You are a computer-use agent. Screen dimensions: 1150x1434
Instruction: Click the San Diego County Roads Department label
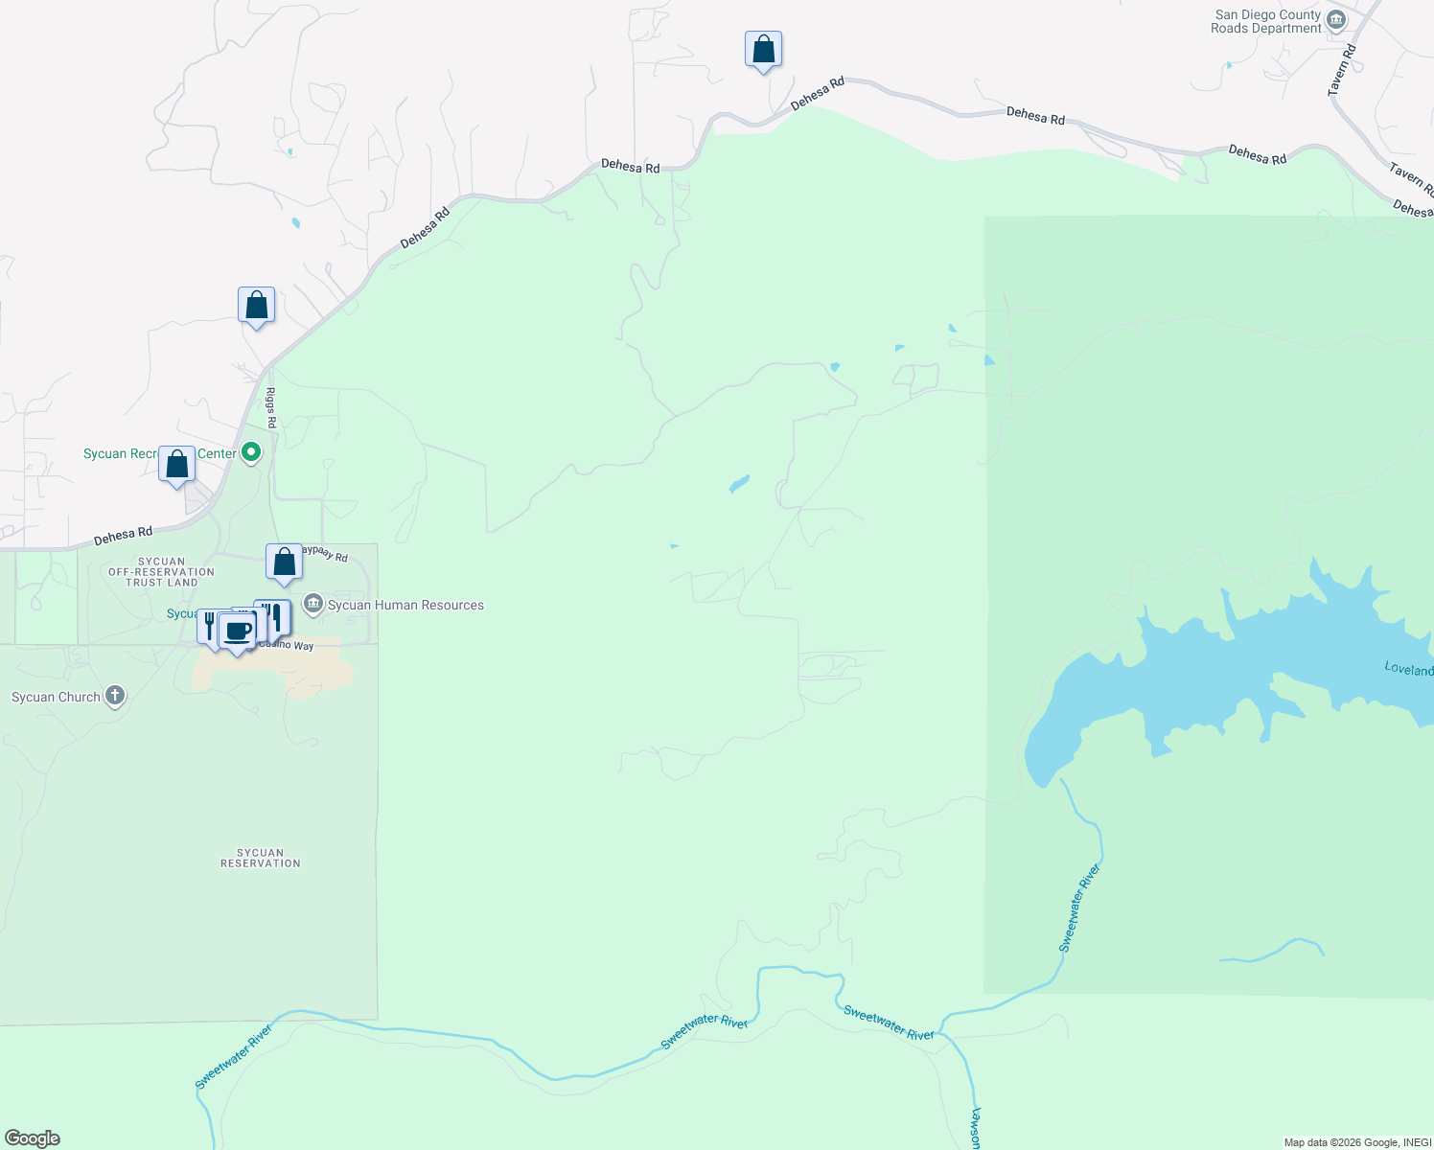coord(1265,22)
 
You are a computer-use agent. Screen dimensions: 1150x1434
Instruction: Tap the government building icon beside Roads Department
coord(1336,20)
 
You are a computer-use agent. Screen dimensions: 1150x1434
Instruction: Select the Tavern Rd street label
coord(1341,70)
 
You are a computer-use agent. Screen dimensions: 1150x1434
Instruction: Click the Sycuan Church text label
coord(56,698)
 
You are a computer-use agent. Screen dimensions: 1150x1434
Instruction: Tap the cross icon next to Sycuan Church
coord(115,696)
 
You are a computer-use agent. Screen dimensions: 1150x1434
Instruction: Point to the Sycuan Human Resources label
coord(405,606)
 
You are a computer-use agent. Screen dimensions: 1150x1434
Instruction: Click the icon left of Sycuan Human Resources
coord(312,604)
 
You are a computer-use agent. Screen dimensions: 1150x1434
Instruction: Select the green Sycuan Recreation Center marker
coord(251,451)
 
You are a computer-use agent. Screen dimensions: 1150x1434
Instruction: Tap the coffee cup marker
coord(238,632)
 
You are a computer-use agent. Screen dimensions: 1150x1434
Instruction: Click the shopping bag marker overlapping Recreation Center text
coord(177,466)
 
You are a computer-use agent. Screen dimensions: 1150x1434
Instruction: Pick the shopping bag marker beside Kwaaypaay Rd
coord(285,563)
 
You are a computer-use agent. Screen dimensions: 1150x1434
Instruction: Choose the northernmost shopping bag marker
coord(763,49)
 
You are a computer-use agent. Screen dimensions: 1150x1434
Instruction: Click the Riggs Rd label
coord(271,407)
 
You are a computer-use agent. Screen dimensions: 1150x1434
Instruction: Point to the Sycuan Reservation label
coord(260,858)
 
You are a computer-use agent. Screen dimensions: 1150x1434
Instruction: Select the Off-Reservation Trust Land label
coord(161,572)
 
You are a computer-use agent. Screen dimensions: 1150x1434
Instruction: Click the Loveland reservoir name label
coord(1408,669)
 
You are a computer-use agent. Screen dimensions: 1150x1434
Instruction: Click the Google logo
coord(33,1138)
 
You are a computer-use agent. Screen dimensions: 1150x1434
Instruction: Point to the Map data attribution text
coord(1357,1142)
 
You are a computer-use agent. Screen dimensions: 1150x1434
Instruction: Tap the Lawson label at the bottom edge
coord(976,1129)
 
